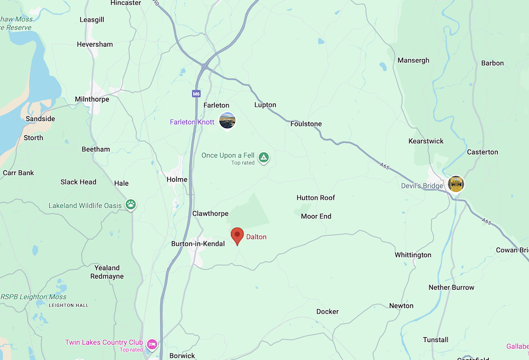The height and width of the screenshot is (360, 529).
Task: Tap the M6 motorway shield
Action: pos(196,94)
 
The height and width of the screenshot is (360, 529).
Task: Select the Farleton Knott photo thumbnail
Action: pos(227,121)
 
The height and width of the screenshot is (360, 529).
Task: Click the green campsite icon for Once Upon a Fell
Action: pos(263,157)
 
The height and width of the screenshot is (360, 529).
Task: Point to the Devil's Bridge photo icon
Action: pos(455,184)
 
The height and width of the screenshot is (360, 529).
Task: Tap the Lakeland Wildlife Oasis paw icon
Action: pos(131,205)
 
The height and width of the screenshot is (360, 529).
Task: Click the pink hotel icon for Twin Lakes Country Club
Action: pos(152,345)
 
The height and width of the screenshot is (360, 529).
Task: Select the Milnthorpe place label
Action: pos(92,99)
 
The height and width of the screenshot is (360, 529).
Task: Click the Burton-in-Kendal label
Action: pos(198,244)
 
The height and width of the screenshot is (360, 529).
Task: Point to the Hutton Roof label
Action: pos(316,198)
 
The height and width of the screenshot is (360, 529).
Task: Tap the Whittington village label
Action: pos(413,255)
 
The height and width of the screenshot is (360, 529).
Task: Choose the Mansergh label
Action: pos(413,61)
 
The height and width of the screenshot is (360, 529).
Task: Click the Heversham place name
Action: pos(95,44)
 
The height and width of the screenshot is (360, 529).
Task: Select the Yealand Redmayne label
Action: pos(107,272)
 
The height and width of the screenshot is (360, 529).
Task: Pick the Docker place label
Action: pos(327,311)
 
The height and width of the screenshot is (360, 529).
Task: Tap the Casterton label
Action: pos(482,152)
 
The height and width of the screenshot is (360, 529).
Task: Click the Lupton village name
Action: pos(265,105)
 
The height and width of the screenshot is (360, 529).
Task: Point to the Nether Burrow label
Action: pos(451,288)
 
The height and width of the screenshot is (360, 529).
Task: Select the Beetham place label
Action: pos(96,149)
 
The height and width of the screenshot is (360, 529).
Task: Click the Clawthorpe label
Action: pos(210,214)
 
